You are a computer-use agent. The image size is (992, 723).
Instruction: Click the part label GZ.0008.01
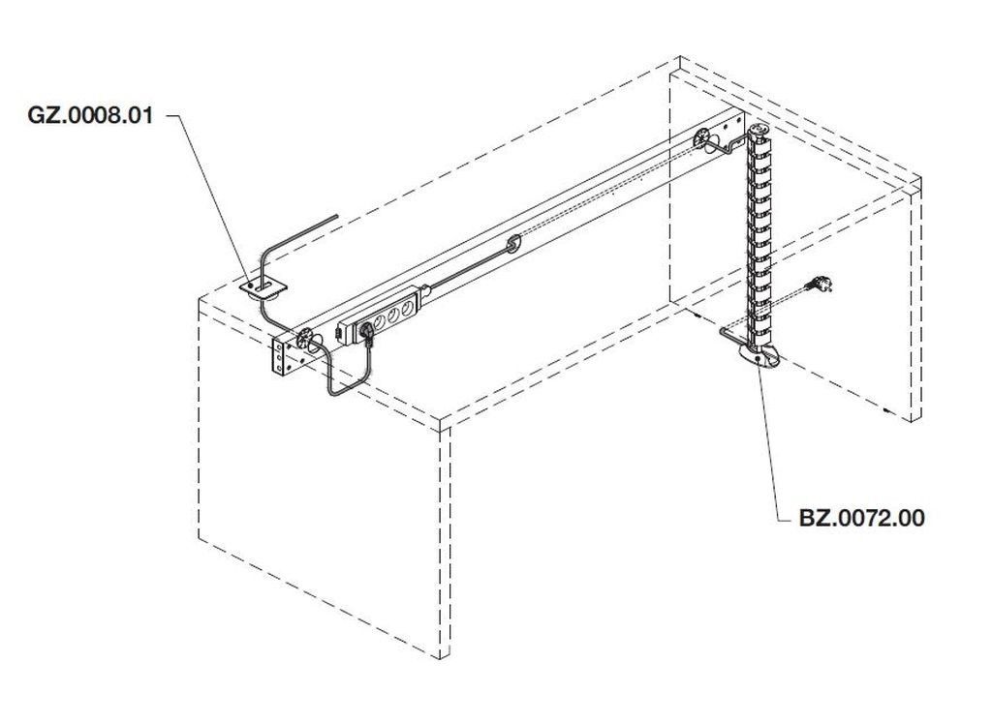(90, 115)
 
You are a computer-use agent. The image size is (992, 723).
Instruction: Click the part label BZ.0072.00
(861, 518)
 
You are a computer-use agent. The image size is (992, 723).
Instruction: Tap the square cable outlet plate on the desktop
(263, 287)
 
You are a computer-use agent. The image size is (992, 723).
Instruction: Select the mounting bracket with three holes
(280, 358)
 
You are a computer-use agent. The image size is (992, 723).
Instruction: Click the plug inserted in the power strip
(367, 331)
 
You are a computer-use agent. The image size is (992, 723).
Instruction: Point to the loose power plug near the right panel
(820, 284)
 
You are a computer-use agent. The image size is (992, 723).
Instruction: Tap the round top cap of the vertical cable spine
(758, 131)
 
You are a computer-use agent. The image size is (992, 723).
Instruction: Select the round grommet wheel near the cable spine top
(701, 137)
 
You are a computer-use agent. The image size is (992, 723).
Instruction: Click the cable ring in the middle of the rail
(513, 243)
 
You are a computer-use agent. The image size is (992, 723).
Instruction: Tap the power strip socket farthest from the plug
(409, 307)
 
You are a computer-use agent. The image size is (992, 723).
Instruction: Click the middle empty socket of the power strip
(393, 315)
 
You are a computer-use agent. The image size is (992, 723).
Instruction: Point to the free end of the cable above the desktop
(336, 216)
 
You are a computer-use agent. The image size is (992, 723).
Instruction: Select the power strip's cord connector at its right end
(425, 291)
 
